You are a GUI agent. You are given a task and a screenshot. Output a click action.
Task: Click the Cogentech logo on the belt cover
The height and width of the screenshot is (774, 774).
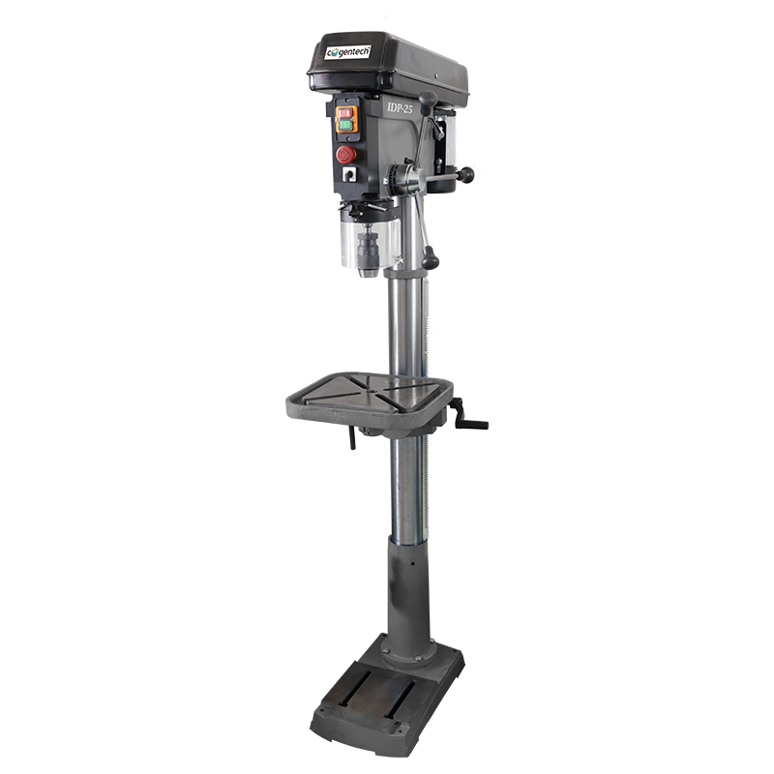pos(347,52)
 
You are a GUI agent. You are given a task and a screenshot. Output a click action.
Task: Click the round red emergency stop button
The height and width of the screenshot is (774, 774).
pos(346,155)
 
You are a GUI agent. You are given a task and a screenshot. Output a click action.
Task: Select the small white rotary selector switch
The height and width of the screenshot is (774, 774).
pos(349,174)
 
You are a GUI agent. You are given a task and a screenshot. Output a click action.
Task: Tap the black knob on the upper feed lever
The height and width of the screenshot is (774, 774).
pos(428,99)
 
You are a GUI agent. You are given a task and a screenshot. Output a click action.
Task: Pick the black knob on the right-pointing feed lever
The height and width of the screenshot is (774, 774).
pos(466,174)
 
